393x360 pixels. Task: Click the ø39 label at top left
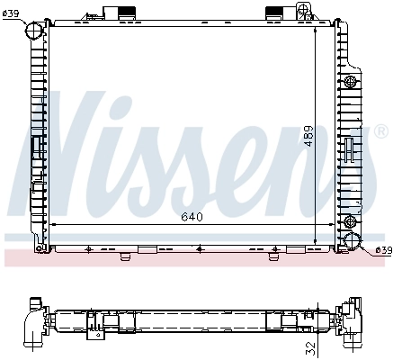point(12,13)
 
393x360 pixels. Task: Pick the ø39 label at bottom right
point(381,249)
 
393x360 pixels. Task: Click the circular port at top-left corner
point(33,32)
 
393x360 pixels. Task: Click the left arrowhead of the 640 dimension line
point(55,223)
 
